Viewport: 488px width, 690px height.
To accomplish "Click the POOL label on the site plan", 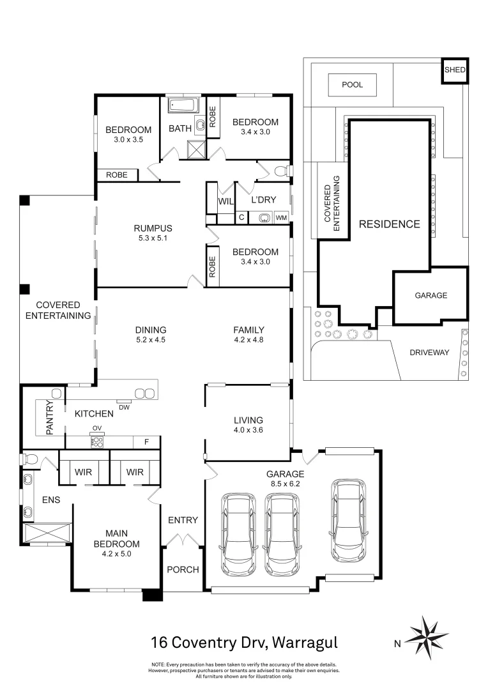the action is (352, 84).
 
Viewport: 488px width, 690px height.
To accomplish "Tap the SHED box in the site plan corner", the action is (455, 70).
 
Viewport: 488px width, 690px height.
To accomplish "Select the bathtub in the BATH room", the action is (183, 105).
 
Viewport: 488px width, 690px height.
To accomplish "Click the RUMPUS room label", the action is (153, 228).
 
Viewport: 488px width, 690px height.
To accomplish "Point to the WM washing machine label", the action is (281, 218).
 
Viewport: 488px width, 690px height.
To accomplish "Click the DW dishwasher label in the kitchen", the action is (125, 408).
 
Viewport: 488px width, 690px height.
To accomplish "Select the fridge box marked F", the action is (146, 442).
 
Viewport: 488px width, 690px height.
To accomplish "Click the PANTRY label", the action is (50, 417).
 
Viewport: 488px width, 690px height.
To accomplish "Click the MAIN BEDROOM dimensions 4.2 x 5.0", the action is (117, 554).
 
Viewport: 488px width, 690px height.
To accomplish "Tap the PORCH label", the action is (183, 569).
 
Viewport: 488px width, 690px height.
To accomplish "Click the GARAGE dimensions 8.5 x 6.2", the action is (285, 484).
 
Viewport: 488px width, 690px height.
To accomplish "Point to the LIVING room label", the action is (248, 420).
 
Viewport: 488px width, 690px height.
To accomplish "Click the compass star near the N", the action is (427, 638).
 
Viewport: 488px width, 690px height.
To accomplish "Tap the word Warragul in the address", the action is (305, 643).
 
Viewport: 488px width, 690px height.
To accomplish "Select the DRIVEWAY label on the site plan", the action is (429, 353).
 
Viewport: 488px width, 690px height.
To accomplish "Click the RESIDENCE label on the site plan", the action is (390, 224).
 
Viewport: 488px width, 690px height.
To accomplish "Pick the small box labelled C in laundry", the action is (241, 217).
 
